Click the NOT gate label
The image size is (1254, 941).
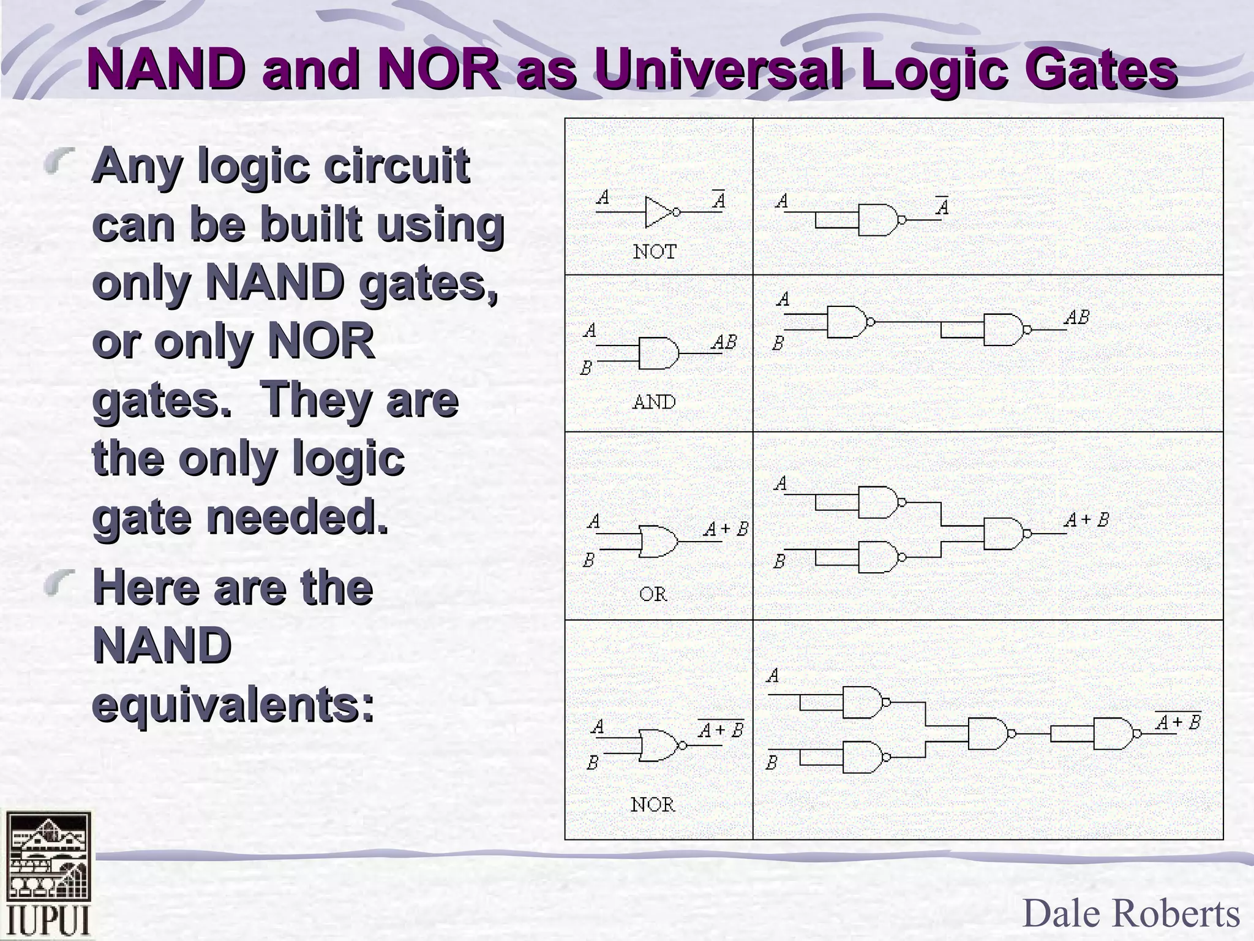(x=655, y=252)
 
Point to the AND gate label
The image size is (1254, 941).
(x=654, y=402)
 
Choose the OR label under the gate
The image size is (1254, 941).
(x=653, y=594)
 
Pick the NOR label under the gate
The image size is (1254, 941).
(x=653, y=804)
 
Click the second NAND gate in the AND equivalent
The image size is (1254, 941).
(x=1004, y=330)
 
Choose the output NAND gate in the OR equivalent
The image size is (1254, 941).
(x=1004, y=534)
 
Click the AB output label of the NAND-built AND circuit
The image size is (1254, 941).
(x=1076, y=317)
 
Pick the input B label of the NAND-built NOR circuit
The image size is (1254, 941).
(x=772, y=763)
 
